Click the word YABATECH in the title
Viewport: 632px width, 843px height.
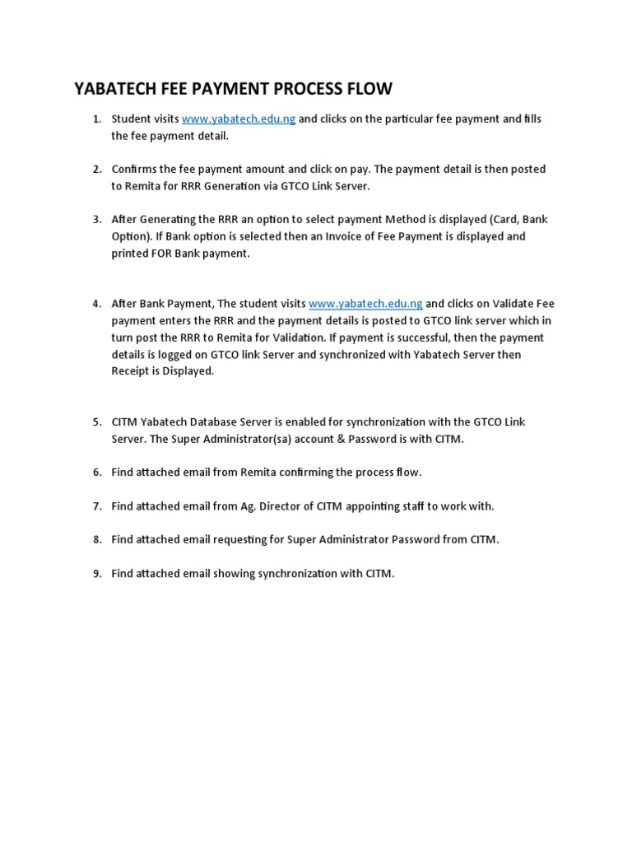tap(116, 88)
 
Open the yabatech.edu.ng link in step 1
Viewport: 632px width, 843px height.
tap(238, 119)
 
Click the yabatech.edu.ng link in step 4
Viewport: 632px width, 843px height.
tap(365, 304)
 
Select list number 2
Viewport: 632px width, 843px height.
tap(96, 169)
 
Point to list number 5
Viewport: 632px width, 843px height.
tap(96, 421)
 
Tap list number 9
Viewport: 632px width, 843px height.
tap(96, 573)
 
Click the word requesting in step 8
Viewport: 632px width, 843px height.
tap(239, 539)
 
